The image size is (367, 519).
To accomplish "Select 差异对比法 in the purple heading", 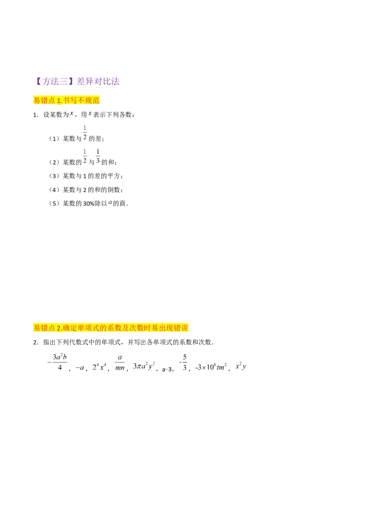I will click(98, 83).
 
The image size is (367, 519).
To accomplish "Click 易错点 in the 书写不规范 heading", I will click(44, 100).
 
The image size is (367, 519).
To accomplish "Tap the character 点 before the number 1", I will click(52, 100).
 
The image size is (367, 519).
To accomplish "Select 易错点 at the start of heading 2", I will click(44, 328).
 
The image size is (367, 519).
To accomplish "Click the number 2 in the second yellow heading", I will click(59, 328).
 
